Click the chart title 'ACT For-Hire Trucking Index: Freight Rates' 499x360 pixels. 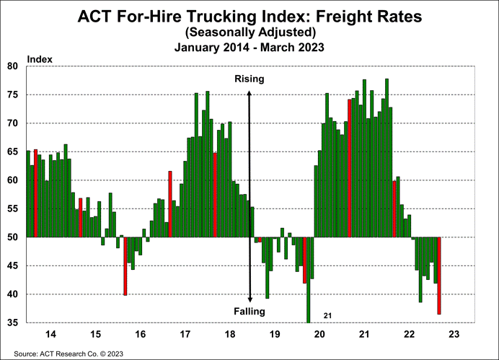click(x=249, y=16)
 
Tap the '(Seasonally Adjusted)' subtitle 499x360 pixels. click(x=249, y=32)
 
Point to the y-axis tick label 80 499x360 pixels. click(x=12, y=66)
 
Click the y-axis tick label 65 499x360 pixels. click(x=12, y=152)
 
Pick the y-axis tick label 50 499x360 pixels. click(x=12, y=237)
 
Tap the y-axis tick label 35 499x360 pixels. click(x=12, y=322)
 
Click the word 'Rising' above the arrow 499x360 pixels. click(x=250, y=79)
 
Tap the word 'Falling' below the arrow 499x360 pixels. click(x=250, y=311)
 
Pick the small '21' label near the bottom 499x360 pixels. click(x=327, y=315)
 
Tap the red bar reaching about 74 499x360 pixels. click(x=350, y=167)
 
